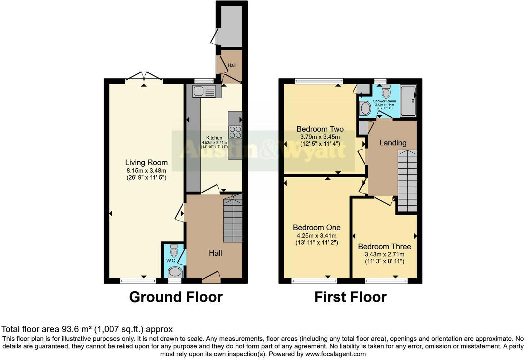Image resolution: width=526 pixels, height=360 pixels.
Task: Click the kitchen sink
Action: (x=204, y=91)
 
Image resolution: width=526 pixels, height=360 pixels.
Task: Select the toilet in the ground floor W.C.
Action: (x=174, y=250)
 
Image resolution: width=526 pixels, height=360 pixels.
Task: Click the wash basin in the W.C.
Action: (x=175, y=272)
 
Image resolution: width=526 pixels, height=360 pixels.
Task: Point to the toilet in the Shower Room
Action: (x=386, y=91)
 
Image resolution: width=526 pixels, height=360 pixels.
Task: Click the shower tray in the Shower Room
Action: (x=408, y=101)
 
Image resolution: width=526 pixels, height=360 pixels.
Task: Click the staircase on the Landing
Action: (x=407, y=181)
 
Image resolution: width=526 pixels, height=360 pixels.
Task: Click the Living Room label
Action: (x=146, y=162)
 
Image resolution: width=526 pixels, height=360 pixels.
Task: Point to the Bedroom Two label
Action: (x=320, y=129)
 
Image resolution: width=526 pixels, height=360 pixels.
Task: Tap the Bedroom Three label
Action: (x=384, y=246)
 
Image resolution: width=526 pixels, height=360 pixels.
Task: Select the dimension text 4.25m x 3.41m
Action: (x=317, y=235)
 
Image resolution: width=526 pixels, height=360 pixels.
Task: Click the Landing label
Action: (x=392, y=143)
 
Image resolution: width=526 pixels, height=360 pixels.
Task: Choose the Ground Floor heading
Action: (x=176, y=297)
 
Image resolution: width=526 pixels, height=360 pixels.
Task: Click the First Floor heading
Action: (x=350, y=297)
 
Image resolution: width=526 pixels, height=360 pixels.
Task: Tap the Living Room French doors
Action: (x=144, y=77)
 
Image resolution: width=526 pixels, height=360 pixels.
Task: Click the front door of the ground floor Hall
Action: (x=211, y=277)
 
